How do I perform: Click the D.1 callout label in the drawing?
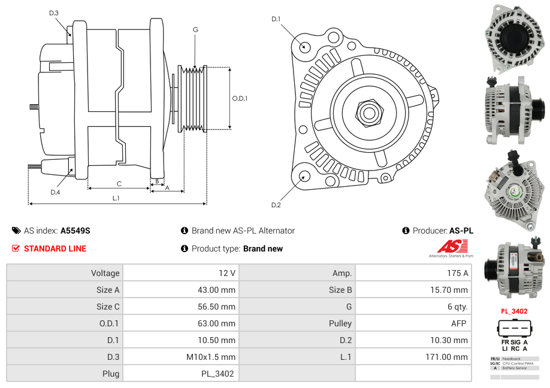276,19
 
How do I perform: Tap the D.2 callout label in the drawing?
276,205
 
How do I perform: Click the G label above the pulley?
195,30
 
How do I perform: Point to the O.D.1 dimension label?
240,98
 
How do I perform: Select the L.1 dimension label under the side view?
116,198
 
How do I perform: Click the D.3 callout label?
54,13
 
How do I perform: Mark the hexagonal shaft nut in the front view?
369,112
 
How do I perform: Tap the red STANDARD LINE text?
55,248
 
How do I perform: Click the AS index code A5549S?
75,231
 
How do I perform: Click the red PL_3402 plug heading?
514,311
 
